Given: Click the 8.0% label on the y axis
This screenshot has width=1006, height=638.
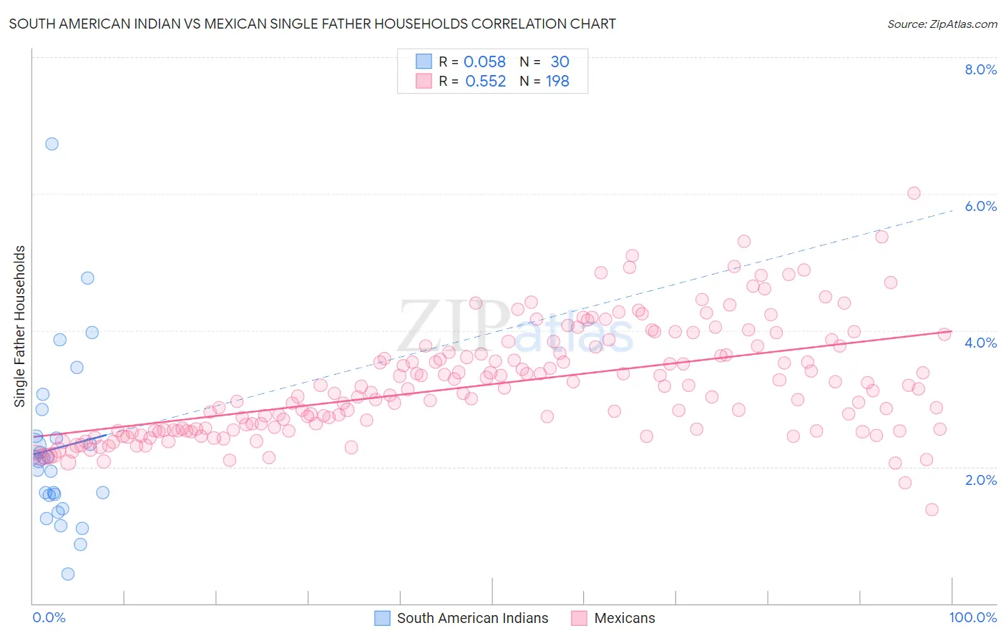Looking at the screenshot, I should click(980, 69).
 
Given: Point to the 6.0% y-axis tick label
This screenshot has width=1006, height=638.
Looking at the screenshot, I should click(980, 206).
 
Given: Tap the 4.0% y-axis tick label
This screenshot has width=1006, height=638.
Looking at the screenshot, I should click(980, 343).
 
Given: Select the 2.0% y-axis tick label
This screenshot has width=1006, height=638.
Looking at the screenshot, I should click(980, 480).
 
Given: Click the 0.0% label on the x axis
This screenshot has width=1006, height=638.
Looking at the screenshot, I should click(49, 617).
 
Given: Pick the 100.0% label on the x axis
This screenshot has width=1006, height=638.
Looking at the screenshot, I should click(972, 617).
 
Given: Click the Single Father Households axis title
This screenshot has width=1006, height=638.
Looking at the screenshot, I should click(20, 326).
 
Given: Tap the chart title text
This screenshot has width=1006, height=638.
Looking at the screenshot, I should click(312, 24).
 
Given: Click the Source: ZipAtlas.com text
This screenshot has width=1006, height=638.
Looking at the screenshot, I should click(942, 24).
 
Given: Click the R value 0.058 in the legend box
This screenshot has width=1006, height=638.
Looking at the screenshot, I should click(484, 62).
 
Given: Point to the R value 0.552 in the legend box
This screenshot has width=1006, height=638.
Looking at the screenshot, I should click(485, 82).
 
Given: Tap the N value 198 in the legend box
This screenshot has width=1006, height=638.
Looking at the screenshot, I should click(557, 82).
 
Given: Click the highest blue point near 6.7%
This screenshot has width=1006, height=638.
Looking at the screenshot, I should click(52, 144).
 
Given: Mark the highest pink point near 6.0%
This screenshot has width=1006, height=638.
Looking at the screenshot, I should click(914, 193).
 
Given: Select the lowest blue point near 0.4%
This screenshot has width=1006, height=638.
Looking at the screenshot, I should click(68, 574).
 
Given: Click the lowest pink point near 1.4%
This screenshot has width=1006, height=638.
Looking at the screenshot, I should click(932, 509).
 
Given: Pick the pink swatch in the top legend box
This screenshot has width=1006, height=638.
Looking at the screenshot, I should click(424, 82).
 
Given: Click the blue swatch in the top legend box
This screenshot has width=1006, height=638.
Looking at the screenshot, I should click(424, 62).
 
